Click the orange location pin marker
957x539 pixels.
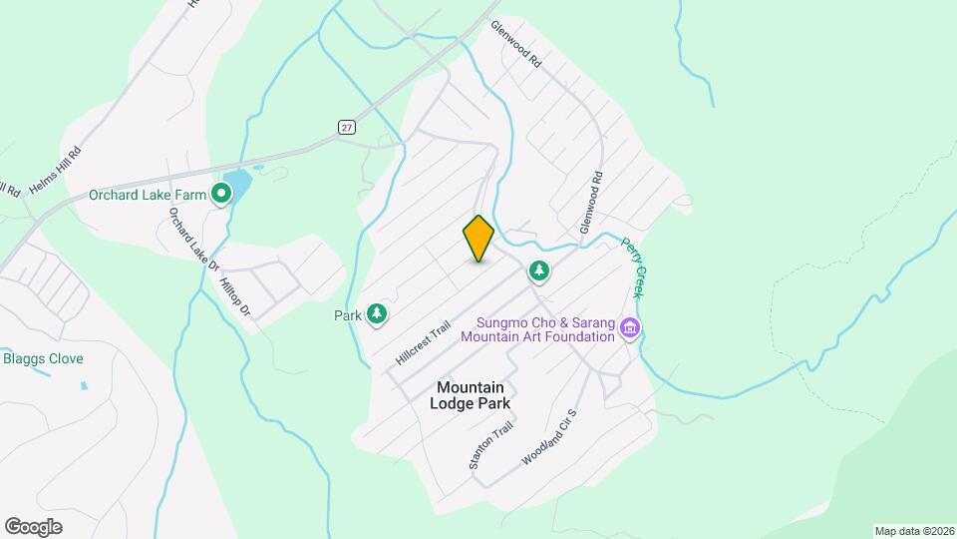478,239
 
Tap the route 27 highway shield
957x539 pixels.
345,127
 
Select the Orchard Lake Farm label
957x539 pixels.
147,195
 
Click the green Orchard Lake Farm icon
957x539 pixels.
220,195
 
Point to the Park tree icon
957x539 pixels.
377,315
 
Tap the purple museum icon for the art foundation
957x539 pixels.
629,327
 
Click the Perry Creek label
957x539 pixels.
633,267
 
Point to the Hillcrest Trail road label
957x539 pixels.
424,342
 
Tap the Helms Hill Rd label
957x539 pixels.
55,170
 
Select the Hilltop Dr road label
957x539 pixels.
235,297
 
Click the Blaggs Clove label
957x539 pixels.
43,358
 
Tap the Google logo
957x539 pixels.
33,527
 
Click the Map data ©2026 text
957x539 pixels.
913,531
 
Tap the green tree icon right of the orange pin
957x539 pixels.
539,269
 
